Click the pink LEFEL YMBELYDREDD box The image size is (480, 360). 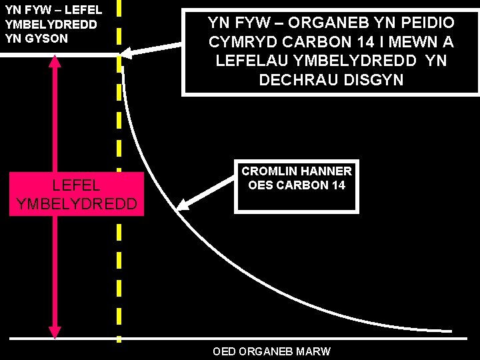point(77,193)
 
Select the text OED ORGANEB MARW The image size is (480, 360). point(271,351)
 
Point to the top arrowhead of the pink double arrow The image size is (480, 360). point(55,61)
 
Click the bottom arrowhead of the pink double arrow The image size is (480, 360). point(55,331)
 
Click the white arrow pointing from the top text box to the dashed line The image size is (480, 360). point(153,49)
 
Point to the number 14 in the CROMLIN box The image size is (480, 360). point(338,185)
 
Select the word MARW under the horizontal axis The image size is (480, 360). point(315,351)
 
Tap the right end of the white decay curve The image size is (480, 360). point(451,331)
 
